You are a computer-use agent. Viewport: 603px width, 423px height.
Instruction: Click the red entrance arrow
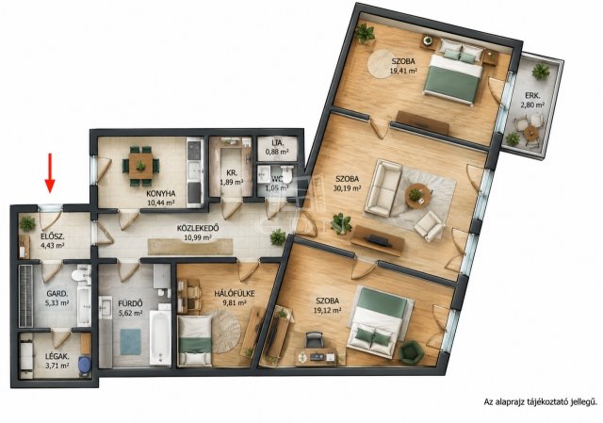(x=50, y=172)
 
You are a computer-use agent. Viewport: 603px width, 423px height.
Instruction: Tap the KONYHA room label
(x=161, y=193)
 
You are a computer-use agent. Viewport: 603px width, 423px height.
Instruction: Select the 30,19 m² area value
(x=348, y=188)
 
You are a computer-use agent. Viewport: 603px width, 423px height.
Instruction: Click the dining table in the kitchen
(x=140, y=166)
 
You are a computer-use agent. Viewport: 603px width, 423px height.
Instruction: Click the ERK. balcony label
(x=532, y=96)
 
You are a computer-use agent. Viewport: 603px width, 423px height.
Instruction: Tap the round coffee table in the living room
(x=418, y=196)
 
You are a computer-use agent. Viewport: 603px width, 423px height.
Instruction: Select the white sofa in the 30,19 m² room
(x=383, y=188)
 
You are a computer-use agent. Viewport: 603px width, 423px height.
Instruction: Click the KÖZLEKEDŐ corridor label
(x=198, y=228)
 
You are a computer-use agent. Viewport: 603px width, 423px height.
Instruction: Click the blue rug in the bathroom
(x=131, y=341)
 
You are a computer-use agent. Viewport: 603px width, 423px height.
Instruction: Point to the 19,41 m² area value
(x=404, y=71)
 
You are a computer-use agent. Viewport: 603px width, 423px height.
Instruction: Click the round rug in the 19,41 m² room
(x=385, y=64)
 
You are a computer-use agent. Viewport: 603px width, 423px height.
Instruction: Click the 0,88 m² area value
(x=277, y=152)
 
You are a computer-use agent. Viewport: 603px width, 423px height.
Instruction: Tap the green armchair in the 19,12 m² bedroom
(x=412, y=351)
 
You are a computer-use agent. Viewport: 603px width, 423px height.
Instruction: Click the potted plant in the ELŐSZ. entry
(x=27, y=223)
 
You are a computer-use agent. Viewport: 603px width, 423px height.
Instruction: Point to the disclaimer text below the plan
(x=540, y=402)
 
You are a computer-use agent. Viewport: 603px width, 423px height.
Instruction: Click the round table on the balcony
(x=531, y=133)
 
